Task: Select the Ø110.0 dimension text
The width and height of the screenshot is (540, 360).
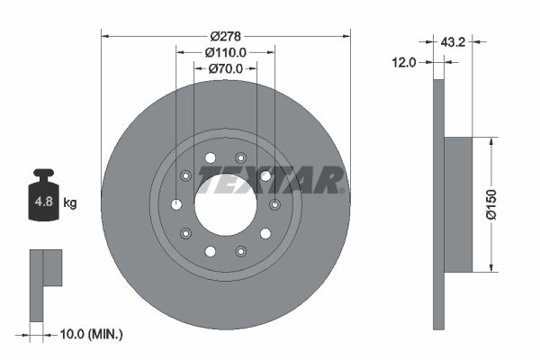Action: (226, 53)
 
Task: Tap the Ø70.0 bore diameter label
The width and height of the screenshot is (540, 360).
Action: (225, 68)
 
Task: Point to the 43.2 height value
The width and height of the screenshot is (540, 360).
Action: (452, 40)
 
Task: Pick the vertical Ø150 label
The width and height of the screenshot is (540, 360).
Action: (491, 203)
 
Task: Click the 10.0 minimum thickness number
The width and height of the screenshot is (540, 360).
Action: (73, 334)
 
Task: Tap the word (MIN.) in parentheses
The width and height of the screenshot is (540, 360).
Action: (105, 334)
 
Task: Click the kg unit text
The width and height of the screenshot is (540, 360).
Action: (70, 202)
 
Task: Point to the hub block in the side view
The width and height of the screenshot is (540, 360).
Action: (458, 203)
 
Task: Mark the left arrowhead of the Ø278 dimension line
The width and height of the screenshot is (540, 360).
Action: (104, 36)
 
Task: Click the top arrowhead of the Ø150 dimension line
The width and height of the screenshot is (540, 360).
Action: (491, 141)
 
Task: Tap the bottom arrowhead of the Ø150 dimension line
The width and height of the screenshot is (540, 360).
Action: (491, 266)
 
